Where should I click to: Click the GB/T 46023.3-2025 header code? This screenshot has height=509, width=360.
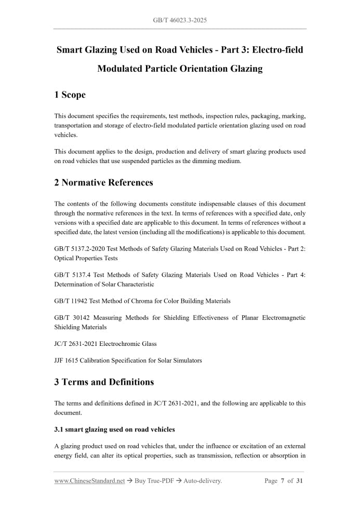pyautogui.click(x=180, y=20)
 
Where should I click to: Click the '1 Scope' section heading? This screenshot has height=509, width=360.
pyautogui.click(x=70, y=95)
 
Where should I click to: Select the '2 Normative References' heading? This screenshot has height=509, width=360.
pyautogui.click(x=103, y=182)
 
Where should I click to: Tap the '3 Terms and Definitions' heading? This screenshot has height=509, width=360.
pyautogui.click(x=104, y=382)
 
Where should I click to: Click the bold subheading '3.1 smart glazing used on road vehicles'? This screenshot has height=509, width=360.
pyautogui.click(x=114, y=430)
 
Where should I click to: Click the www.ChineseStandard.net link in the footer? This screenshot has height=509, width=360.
pyautogui.click(x=89, y=481)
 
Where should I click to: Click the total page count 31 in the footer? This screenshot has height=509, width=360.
pyautogui.click(x=300, y=481)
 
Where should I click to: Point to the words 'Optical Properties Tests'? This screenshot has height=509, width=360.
pyautogui.click(x=86, y=258)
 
